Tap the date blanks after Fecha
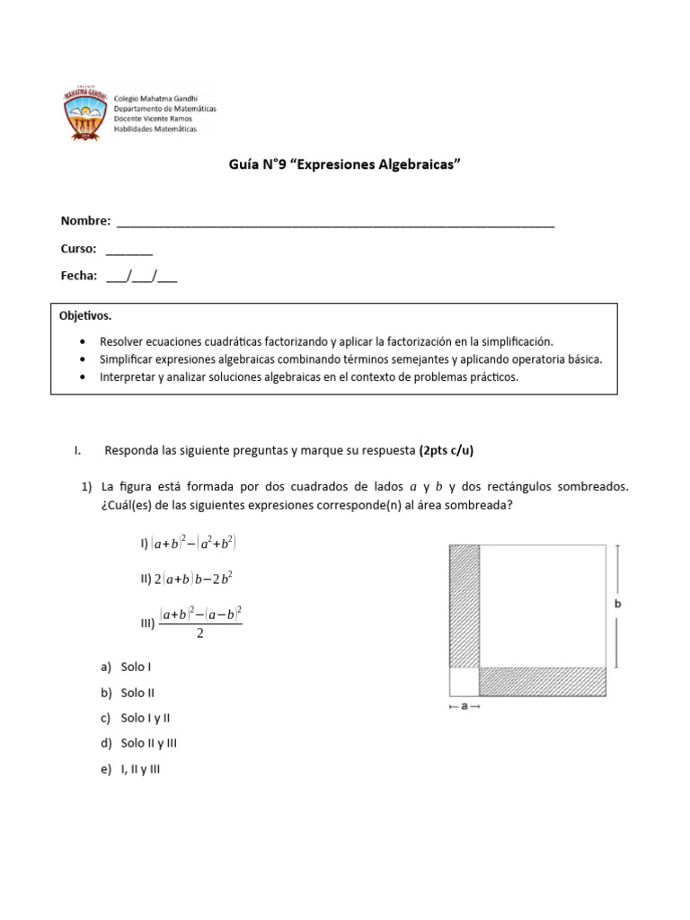tap(141, 277)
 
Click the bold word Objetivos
tap(85, 316)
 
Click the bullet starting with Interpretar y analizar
tap(309, 377)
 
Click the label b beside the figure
tap(617, 605)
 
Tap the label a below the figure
tap(464, 707)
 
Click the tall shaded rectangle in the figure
tap(464, 606)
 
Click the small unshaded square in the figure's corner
tap(464, 682)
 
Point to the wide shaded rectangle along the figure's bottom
tap(543, 682)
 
